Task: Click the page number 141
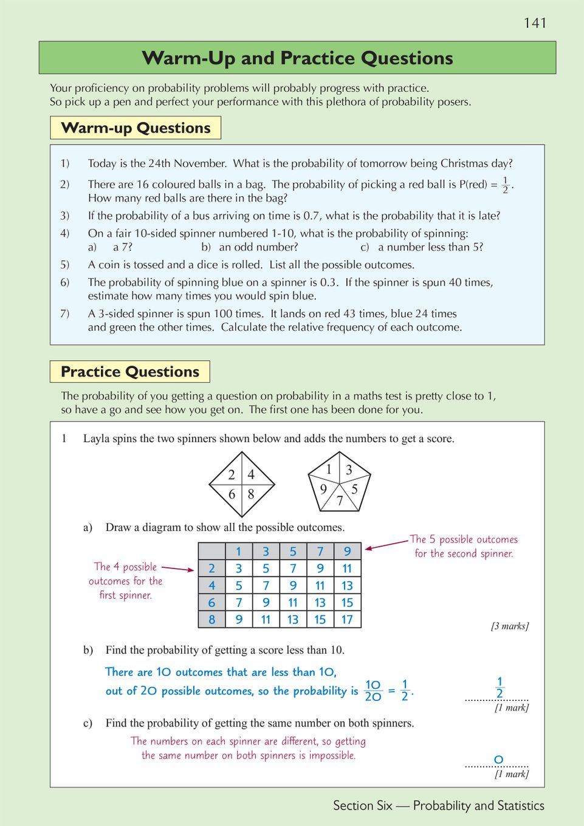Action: (x=535, y=23)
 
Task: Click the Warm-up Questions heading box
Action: (x=136, y=128)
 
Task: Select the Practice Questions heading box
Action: (x=130, y=372)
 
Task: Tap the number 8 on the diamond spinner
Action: (x=251, y=494)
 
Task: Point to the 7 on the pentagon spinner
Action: (x=340, y=500)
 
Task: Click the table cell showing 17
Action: (x=347, y=619)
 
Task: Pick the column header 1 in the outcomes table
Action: (x=239, y=551)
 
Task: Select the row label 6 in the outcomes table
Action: (x=211, y=602)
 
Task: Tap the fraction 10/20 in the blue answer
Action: (x=373, y=691)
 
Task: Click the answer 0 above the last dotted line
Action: (x=498, y=759)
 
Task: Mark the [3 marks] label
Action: (x=509, y=626)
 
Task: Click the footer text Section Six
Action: (x=362, y=805)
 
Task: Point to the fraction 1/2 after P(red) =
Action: (x=505, y=185)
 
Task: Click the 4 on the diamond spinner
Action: (x=251, y=475)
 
